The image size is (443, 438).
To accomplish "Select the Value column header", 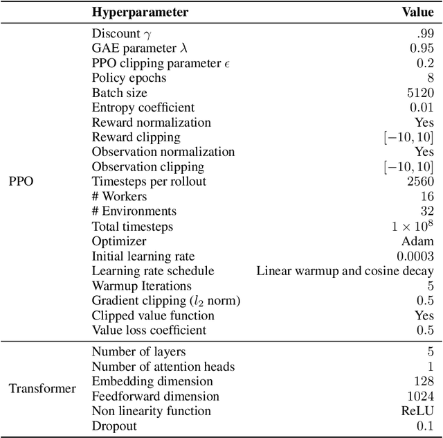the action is pyautogui.click(x=418, y=12).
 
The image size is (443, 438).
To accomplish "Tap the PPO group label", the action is pyautogui.click(x=21, y=182).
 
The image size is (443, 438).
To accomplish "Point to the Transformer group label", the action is pyautogui.click(x=42, y=388).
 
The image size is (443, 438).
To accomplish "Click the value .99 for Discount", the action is pyautogui.click(x=424, y=33).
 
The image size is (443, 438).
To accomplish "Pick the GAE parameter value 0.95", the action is pyautogui.click(x=422, y=48).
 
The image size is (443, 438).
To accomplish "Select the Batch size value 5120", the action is pyautogui.click(x=420, y=92).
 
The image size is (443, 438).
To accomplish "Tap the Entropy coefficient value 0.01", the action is pyautogui.click(x=422, y=107).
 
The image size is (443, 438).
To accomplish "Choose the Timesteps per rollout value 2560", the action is pyautogui.click(x=420, y=182).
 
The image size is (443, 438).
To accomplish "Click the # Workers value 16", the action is pyautogui.click(x=427, y=196).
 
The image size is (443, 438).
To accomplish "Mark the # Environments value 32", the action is pyautogui.click(x=426, y=211).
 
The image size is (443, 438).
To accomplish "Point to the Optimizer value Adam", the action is pyautogui.click(x=418, y=240).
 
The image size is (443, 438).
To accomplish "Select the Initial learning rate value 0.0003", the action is pyautogui.click(x=415, y=256).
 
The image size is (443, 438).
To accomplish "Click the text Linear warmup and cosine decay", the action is pyautogui.click(x=345, y=270).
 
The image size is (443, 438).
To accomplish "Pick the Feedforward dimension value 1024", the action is pyautogui.click(x=420, y=396).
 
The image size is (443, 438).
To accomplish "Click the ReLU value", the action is pyautogui.click(x=419, y=411).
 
